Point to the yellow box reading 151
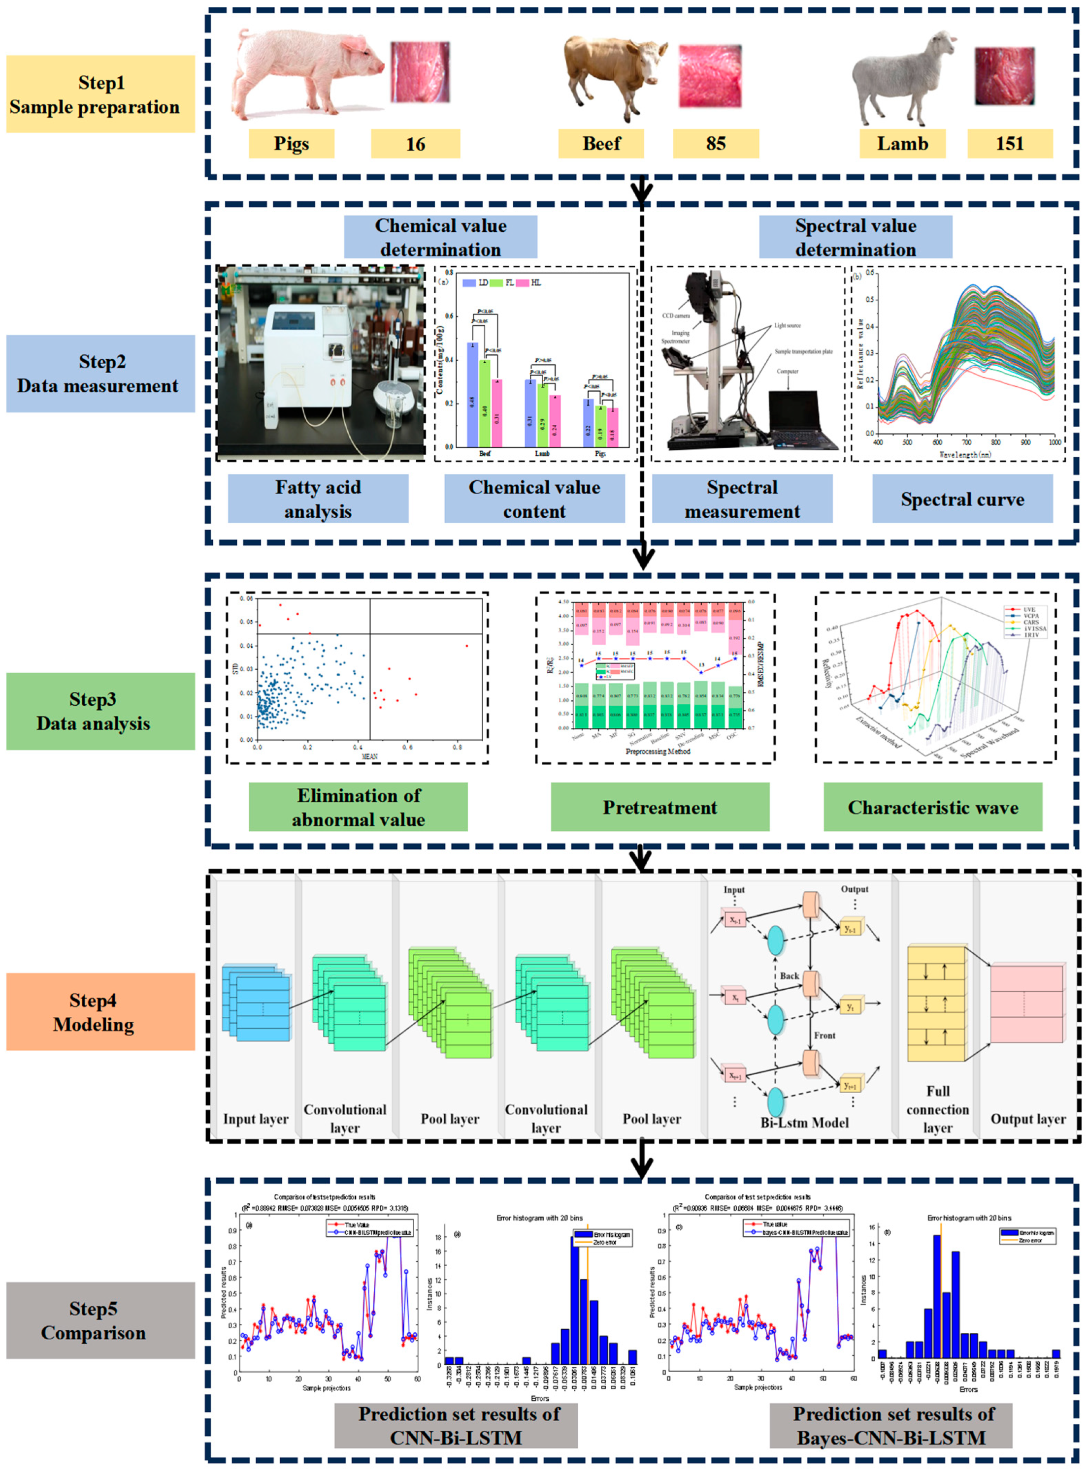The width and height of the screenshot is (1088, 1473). (1009, 144)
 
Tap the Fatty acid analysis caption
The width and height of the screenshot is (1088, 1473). (318, 499)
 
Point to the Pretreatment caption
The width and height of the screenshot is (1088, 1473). (660, 807)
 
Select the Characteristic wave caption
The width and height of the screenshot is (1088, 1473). (932, 807)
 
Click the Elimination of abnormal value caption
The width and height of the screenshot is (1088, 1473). (358, 807)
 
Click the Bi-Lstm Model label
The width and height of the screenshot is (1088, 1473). (804, 1122)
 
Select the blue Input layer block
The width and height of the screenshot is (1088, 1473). (257, 1003)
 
